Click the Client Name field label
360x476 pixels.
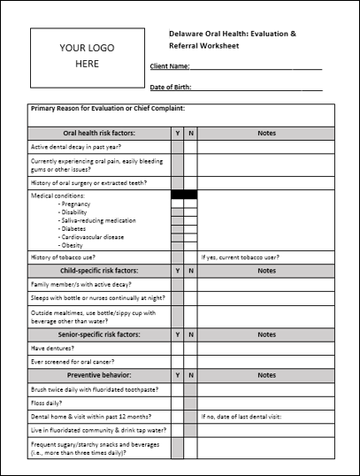[x=169, y=66]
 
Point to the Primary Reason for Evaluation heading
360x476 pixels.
[x=107, y=109]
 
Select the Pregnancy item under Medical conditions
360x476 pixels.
[x=75, y=203]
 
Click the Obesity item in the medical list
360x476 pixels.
[x=72, y=245]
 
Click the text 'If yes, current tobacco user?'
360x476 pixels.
[x=241, y=257]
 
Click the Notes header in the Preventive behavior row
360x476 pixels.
[x=266, y=375]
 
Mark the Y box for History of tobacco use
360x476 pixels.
[x=178, y=257]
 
